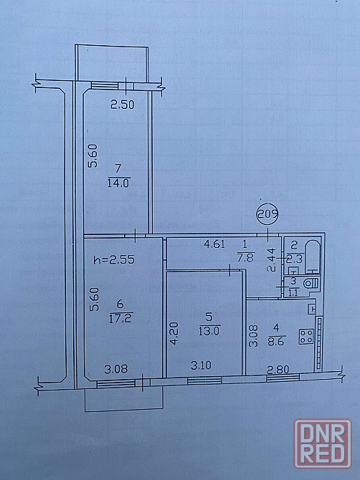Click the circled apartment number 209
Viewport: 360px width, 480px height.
click(267, 214)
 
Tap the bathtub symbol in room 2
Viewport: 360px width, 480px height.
click(313, 256)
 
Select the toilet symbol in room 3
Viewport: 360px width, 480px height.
click(311, 284)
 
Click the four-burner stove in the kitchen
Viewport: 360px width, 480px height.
click(306, 336)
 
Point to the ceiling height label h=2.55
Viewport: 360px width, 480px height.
click(114, 260)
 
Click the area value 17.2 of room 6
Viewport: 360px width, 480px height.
click(120, 319)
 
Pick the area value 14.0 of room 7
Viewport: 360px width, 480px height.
click(118, 183)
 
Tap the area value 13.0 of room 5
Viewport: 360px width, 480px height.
click(209, 331)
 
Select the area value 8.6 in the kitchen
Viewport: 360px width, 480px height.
click(276, 341)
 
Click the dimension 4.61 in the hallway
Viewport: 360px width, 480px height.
click(214, 244)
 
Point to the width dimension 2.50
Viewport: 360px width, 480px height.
click(122, 105)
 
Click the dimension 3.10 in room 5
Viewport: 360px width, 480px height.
click(201, 365)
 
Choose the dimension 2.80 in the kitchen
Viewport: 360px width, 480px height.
click(278, 370)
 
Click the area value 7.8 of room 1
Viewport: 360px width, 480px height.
click(245, 258)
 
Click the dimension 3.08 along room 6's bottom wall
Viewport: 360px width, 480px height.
click(115, 369)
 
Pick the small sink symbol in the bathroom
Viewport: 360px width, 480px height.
click(294, 270)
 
